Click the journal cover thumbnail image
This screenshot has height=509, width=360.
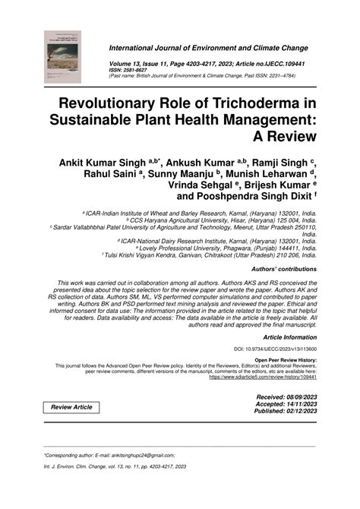64,50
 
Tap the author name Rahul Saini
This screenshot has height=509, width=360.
113,172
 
